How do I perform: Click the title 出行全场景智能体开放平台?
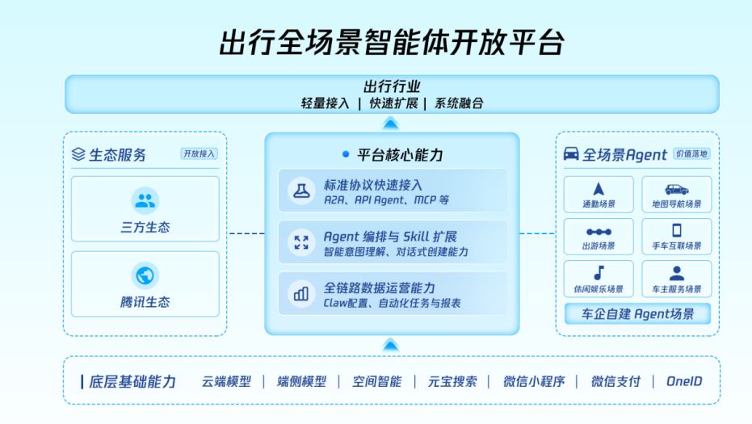[x=391, y=43]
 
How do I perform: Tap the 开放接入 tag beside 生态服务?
[x=200, y=153]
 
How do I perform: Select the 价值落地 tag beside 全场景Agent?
[x=691, y=153]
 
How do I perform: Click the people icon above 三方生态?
[x=145, y=200]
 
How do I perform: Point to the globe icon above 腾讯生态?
[x=145, y=275]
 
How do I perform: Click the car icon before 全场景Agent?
[x=570, y=153]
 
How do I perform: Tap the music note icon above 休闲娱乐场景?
[x=599, y=273]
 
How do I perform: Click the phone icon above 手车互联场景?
[x=677, y=231]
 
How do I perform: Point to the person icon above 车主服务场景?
[x=677, y=273]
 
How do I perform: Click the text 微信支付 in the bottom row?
[x=615, y=381]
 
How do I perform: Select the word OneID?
[x=685, y=381]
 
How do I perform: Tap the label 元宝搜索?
[x=452, y=381]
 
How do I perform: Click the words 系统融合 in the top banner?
[x=459, y=103]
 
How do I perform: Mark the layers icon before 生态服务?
[x=78, y=154]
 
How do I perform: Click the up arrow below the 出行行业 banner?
[x=391, y=123]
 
